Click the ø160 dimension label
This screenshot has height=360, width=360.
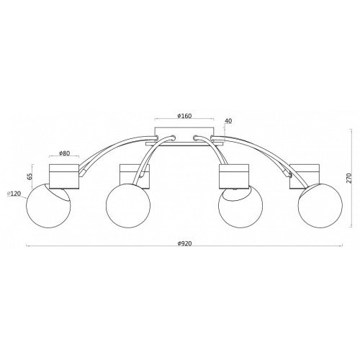pyautogui.click(x=184, y=116)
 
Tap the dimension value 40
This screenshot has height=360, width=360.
pyautogui.click(x=228, y=121)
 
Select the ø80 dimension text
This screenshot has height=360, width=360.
pyautogui.click(x=64, y=153)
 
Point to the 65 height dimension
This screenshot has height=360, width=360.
pyautogui.click(x=30, y=176)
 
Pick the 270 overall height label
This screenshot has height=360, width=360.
pyautogui.click(x=348, y=178)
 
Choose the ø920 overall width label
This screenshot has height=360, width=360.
pyautogui.click(x=185, y=243)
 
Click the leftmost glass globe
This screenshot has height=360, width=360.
pyautogui.click(x=48, y=205)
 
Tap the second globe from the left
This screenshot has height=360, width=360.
pyautogui.click(x=128, y=206)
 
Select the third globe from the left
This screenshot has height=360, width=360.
pyautogui.click(x=240, y=206)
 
